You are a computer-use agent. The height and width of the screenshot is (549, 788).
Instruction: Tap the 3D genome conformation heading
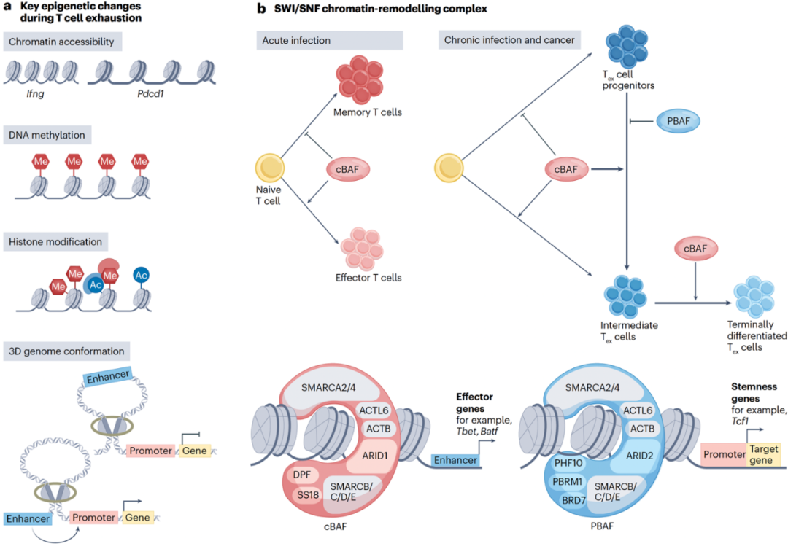(x=66, y=350)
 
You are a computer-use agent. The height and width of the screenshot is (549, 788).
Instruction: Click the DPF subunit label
(x=302, y=473)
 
